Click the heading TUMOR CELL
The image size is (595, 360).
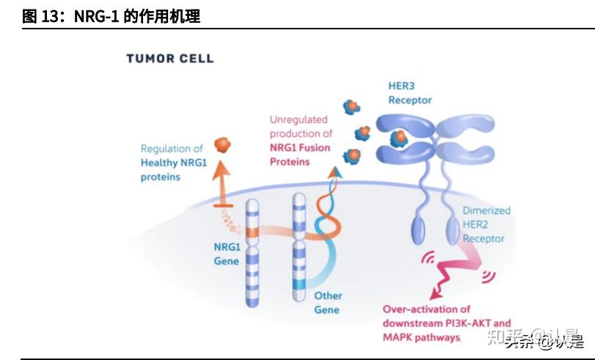(x=169, y=58)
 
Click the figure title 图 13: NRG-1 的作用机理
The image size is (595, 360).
(x=111, y=15)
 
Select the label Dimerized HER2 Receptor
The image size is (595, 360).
(x=486, y=224)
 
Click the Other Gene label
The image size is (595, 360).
(x=327, y=303)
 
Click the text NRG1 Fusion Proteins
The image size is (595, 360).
(x=299, y=155)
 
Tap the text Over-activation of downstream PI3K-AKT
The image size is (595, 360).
(x=446, y=316)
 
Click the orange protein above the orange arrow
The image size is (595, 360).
(x=222, y=144)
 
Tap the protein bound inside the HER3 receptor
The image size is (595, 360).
(x=399, y=137)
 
